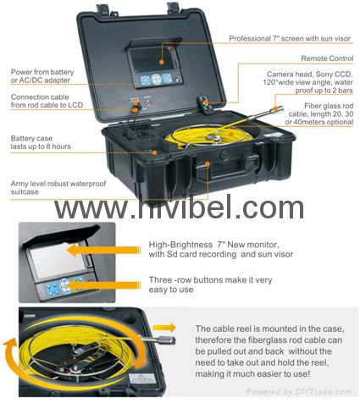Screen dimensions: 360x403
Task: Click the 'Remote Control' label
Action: click(x=327, y=58)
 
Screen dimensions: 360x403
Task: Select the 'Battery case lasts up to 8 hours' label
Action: click(x=41, y=142)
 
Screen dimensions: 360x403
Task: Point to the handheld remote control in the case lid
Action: click(x=204, y=104)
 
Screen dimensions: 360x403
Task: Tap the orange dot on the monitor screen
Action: click(x=162, y=62)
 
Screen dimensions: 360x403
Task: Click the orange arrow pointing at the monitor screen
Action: click(x=103, y=250)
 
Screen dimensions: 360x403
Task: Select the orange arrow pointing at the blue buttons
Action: click(x=103, y=285)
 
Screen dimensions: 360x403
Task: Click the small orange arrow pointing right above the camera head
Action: click(x=164, y=328)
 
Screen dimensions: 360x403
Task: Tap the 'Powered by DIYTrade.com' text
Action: click(x=299, y=392)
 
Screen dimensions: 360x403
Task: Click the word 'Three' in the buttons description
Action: click(x=160, y=280)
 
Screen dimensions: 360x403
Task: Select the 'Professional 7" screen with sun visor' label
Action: click(x=290, y=38)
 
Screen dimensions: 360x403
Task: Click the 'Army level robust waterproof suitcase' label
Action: click(x=58, y=188)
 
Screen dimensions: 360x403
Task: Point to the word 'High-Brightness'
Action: click(x=180, y=245)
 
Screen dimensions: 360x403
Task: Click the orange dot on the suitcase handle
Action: click(x=208, y=163)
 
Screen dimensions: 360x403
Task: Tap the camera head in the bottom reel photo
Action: click(x=166, y=340)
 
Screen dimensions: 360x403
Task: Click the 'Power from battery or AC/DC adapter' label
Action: click(x=42, y=76)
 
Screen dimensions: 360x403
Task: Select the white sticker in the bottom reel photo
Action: click(x=142, y=379)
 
